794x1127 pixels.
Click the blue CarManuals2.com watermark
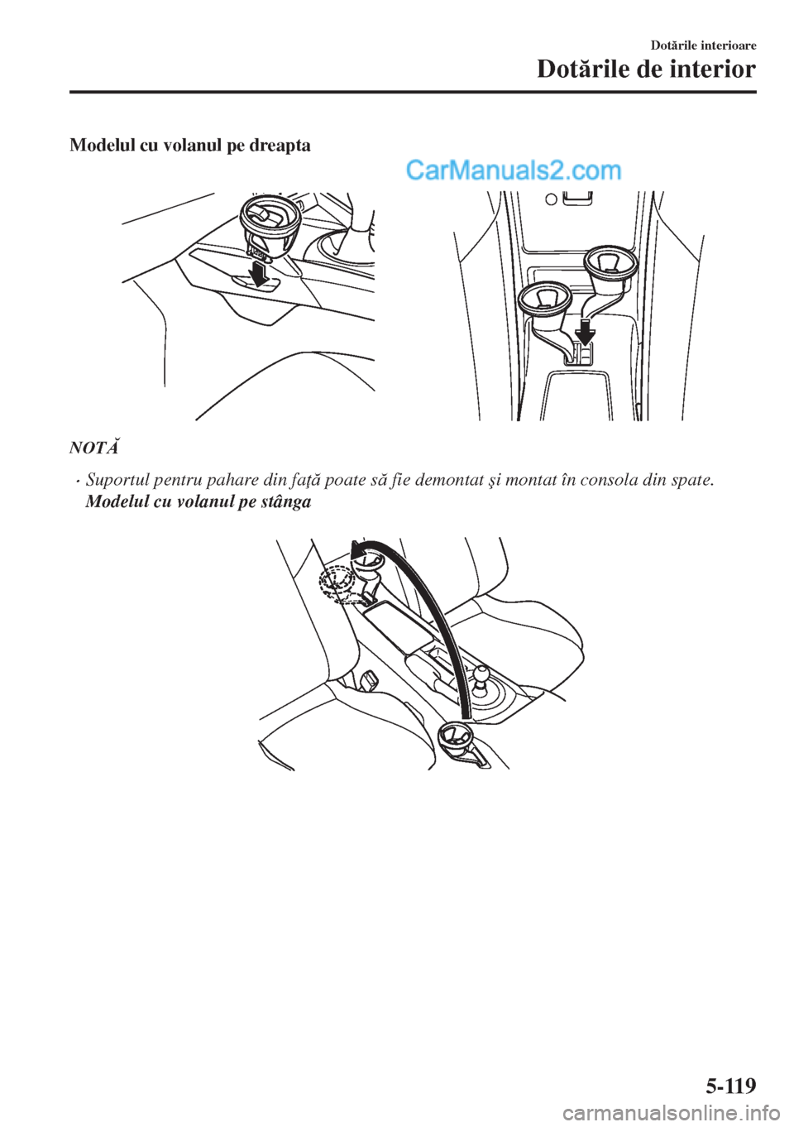(x=514, y=172)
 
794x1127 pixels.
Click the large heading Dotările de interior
(x=646, y=70)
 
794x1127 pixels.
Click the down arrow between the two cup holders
(x=585, y=330)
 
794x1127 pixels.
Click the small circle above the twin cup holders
(x=551, y=199)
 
